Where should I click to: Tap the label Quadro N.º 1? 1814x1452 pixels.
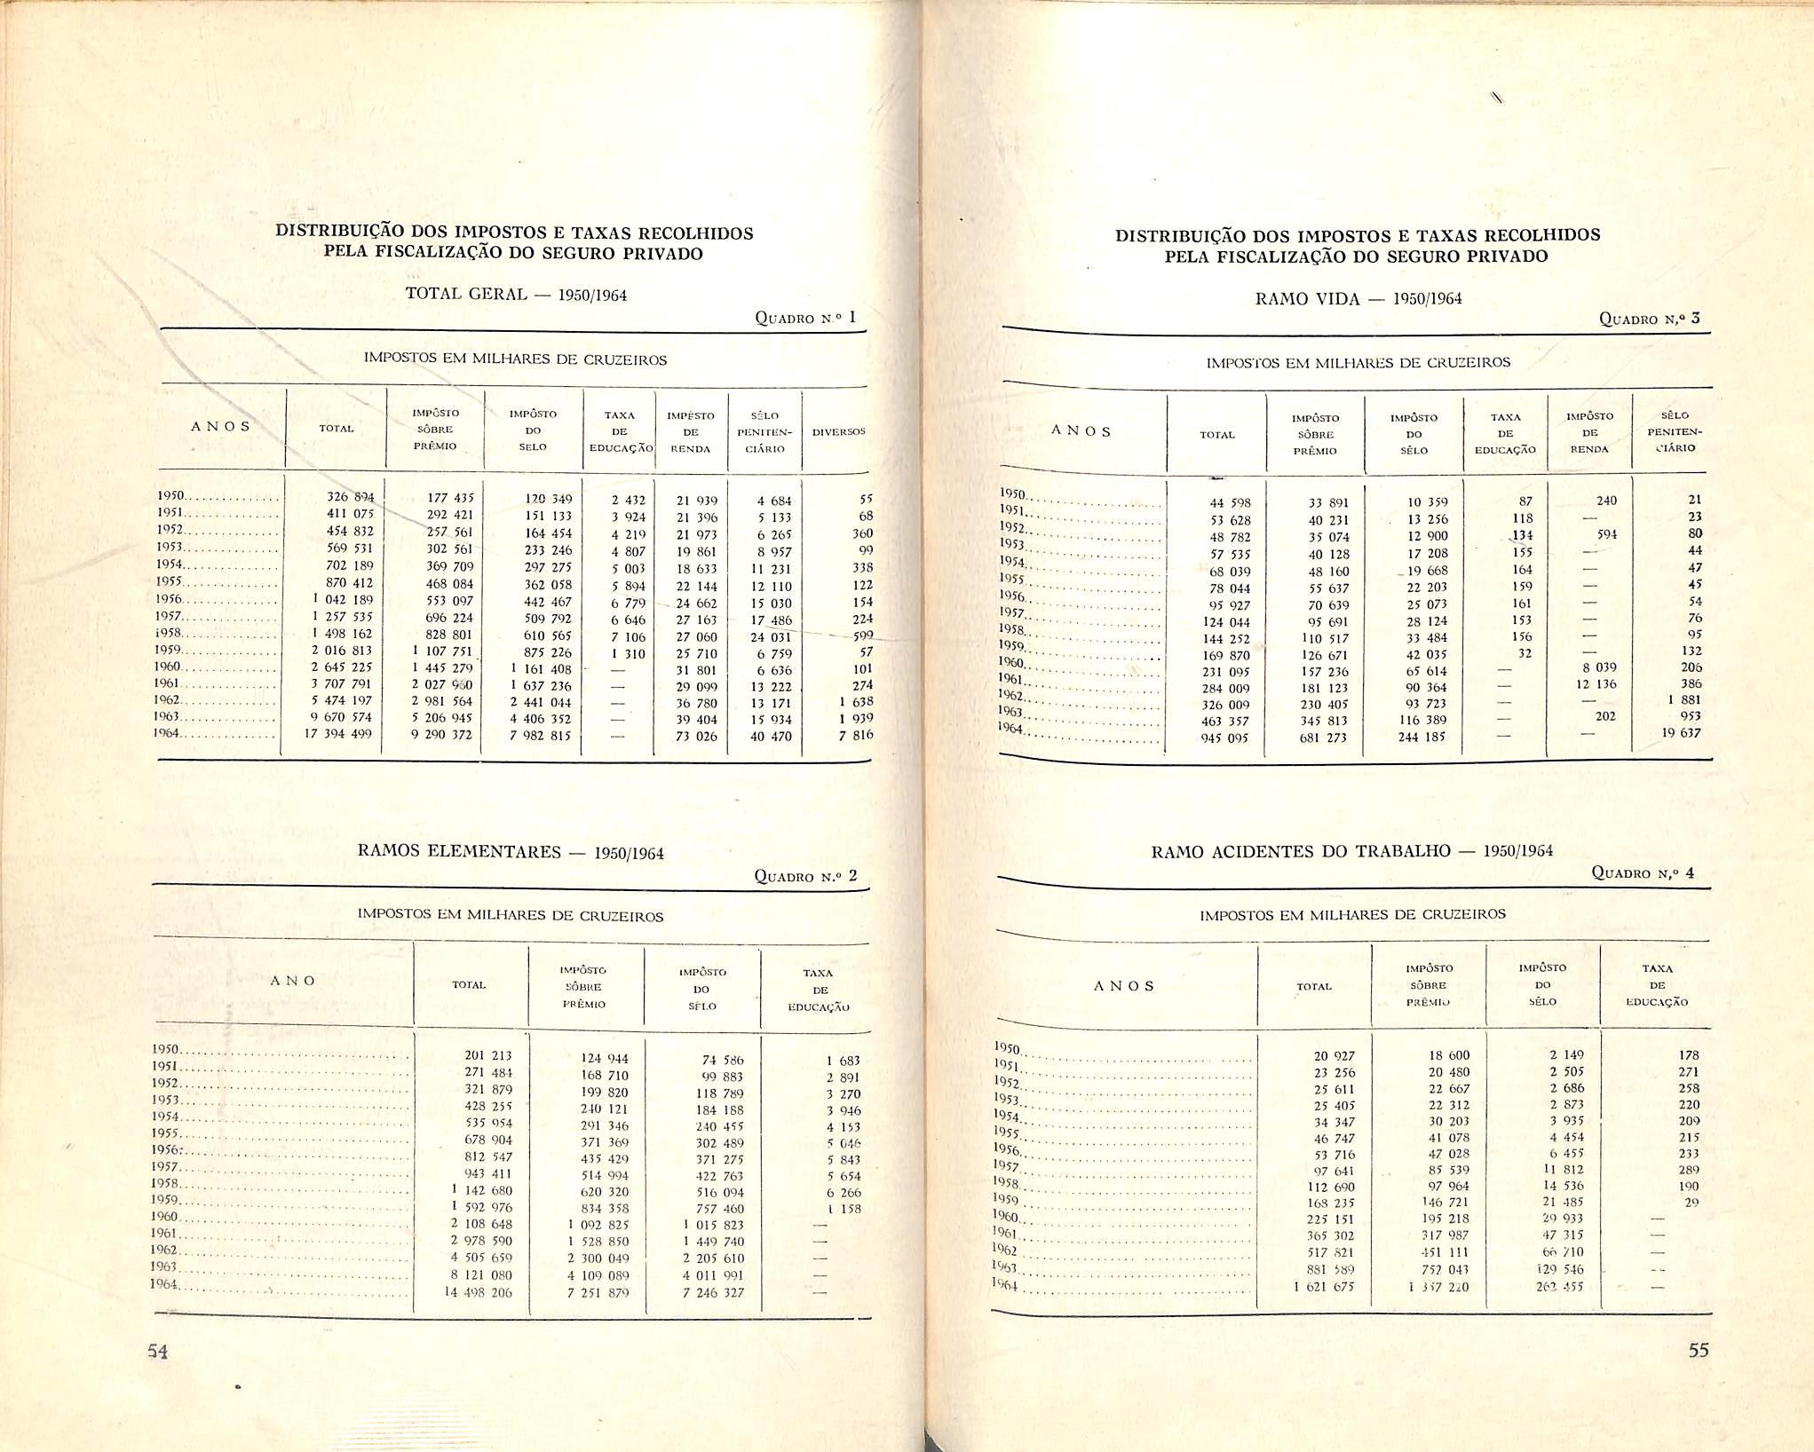pos(804,318)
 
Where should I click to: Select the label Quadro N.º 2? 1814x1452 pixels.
pos(805,877)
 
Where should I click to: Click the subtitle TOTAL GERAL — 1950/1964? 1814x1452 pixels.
pos(516,295)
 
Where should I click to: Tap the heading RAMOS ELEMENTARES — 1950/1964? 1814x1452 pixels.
pos(510,852)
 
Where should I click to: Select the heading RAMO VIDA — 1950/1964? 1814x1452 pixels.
pos(1358,299)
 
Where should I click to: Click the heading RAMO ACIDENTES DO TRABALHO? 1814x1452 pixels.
pos(1351,852)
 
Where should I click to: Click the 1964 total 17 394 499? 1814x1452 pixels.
pos(337,734)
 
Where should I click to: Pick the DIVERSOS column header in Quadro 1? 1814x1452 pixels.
pos(838,431)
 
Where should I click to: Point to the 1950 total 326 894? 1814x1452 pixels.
pos(350,498)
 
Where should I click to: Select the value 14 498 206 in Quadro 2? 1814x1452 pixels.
pos(478,1293)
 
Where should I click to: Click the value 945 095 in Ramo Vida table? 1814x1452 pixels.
pos(1224,738)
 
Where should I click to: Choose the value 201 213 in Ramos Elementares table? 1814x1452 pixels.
pos(487,1056)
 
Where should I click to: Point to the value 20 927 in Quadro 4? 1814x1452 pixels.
pos(1334,1056)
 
